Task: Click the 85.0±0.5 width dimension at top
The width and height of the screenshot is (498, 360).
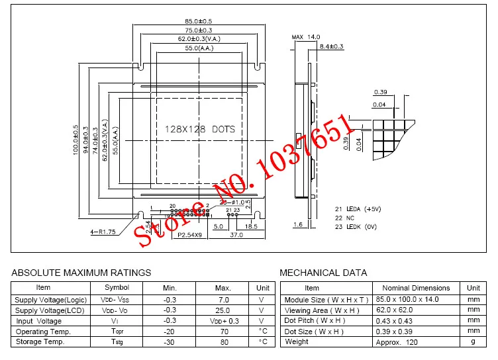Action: [x=197, y=22]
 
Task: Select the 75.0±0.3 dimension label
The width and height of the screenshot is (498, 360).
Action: [x=197, y=30]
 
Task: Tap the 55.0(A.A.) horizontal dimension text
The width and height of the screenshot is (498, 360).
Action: [x=197, y=48]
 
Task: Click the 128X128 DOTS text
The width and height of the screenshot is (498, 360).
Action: [x=199, y=130]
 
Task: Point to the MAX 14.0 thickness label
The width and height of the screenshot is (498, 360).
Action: [x=306, y=37]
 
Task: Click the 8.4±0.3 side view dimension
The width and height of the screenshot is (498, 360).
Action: [x=331, y=46]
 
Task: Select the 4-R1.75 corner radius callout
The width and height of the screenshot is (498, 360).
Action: [x=103, y=232]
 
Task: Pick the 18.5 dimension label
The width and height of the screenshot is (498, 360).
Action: [x=251, y=226]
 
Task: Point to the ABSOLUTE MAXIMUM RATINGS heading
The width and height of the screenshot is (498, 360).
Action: [x=81, y=273]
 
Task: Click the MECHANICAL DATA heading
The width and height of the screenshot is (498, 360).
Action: [x=323, y=273]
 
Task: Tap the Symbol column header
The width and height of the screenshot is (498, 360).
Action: [x=117, y=288]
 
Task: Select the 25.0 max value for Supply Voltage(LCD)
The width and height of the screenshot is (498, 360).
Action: [x=223, y=310]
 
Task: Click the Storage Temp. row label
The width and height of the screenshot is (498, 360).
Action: [x=40, y=341]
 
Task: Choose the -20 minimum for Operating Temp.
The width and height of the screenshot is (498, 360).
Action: [x=170, y=331]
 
